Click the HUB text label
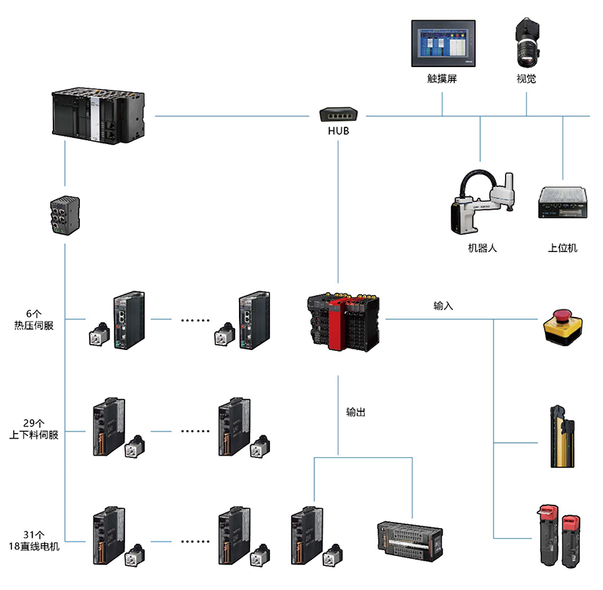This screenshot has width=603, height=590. (338, 131)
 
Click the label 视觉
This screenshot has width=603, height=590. (526, 78)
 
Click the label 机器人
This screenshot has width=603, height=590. (482, 247)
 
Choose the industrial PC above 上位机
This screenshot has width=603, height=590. (562, 203)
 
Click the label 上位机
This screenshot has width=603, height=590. (562, 247)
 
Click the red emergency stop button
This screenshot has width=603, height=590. (561, 325)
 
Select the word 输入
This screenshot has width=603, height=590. (443, 306)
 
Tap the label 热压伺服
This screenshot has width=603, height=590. (34, 325)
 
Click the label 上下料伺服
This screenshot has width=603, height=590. (34, 435)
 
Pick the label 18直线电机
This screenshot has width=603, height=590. (34, 545)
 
